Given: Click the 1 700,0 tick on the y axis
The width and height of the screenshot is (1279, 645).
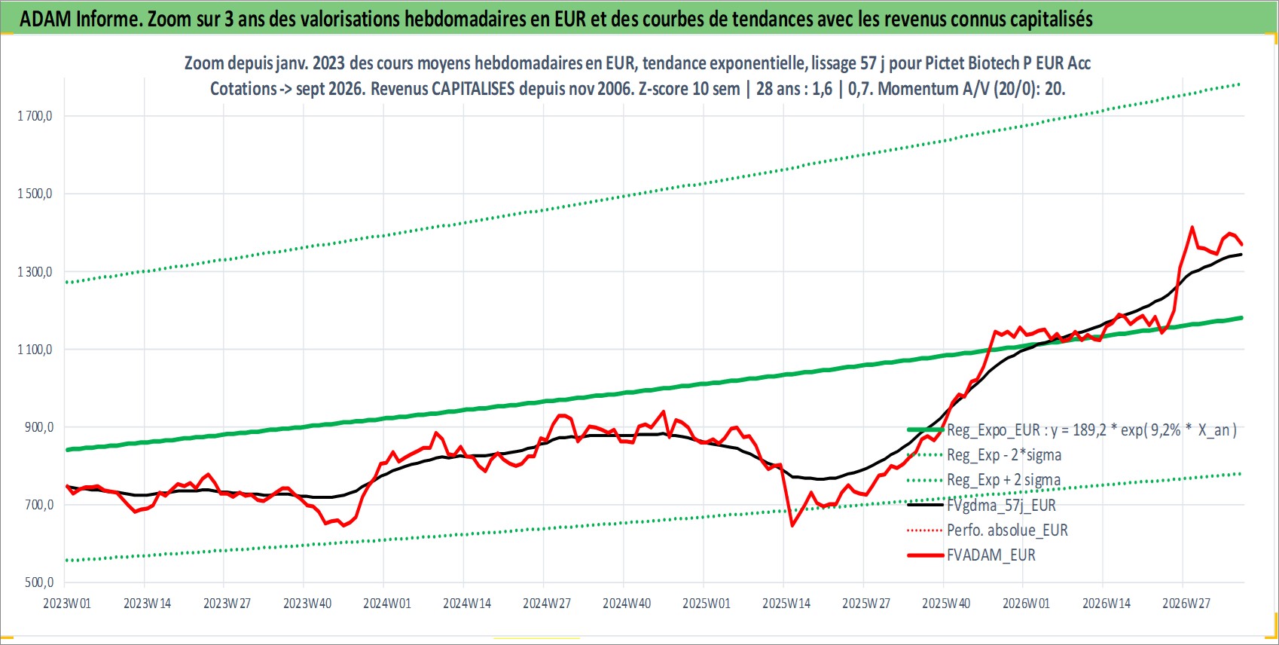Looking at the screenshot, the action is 35,116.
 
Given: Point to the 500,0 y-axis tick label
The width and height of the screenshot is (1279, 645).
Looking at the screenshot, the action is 39,582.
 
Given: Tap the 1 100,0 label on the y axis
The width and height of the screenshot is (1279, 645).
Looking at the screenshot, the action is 35,349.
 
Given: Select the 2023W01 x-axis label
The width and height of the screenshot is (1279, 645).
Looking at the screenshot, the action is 67,604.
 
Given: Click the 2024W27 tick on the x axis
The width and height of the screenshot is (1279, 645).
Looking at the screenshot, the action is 546,604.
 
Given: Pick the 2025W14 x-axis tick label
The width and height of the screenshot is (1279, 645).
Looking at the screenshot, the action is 786,604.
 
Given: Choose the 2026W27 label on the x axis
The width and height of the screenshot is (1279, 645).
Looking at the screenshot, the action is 1186,604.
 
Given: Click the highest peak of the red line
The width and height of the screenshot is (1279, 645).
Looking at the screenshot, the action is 1192,228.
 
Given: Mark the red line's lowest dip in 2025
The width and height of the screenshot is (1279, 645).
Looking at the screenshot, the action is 792,525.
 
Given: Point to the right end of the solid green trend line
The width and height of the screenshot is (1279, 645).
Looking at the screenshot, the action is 1242,318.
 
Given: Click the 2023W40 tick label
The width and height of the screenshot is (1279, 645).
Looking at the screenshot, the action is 307,604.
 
